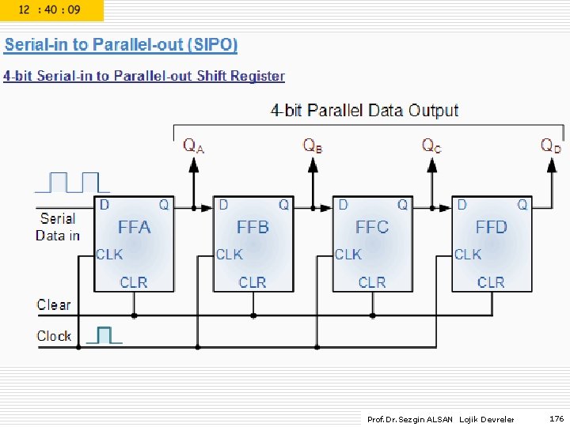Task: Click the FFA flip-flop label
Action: coord(134,228)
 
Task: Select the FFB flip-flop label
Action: coord(253,228)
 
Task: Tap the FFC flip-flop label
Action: coord(372,228)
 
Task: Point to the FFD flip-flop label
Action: coord(491,228)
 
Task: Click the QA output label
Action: coord(194,145)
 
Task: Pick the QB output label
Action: coord(313,145)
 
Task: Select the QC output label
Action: coord(431,145)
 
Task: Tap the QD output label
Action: coord(551,145)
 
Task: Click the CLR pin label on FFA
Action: coord(134,282)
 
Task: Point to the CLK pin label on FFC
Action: coord(348,255)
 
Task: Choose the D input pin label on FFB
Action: coord(223,205)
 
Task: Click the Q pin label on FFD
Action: coord(522,205)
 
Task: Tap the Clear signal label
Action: coord(54,304)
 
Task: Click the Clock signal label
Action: coord(54,336)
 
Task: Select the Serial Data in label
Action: coord(58,227)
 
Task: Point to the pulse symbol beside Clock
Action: coord(103,335)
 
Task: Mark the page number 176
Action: coord(557,418)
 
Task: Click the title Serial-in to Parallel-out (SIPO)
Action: coord(121,45)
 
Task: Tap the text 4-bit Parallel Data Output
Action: coord(365,111)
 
